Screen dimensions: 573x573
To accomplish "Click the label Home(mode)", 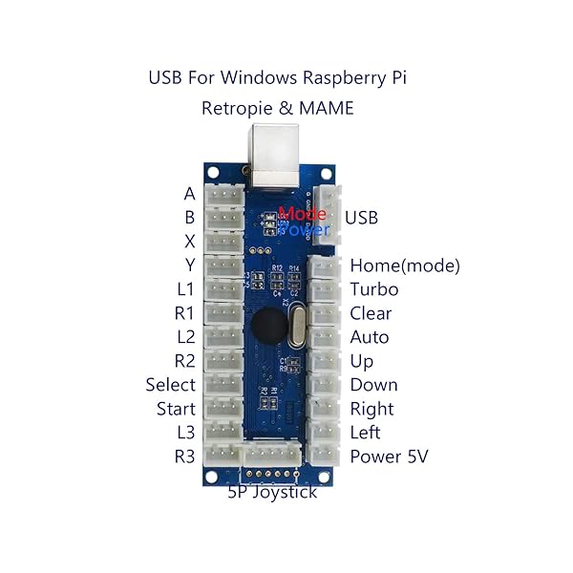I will (405, 265).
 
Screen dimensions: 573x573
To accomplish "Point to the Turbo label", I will (373, 289).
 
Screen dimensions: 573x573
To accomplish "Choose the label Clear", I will (371, 313).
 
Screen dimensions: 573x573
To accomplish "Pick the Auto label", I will (369, 337).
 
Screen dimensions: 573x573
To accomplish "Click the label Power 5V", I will (389, 456).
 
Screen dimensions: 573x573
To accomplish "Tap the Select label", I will (170, 385).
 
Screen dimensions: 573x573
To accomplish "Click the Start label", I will (176, 409).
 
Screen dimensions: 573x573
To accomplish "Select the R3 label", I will (184, 456).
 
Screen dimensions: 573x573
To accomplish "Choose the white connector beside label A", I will (224, 194).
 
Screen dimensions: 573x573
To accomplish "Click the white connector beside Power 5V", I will (324, 456).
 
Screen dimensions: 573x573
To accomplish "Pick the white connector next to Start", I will (224, 409).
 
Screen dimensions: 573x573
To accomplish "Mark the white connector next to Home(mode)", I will (324, 266).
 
